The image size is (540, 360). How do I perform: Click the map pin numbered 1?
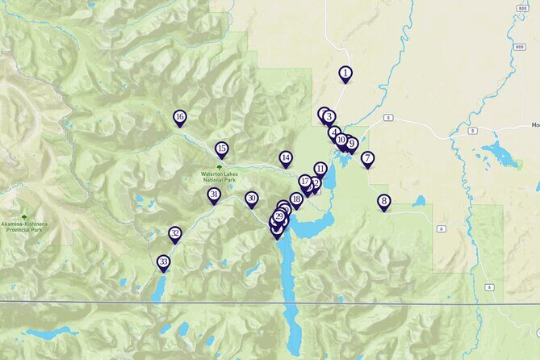pyautogui.click(x=345, y=73)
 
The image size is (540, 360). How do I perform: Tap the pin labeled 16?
pyautogui.click(x=180, y=118)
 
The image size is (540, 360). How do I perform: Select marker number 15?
pyautogui.click(x=221, y=149)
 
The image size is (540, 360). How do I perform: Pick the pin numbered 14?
pyautogui.click(x=286, y=158)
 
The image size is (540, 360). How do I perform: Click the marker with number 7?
pyautogui.click(x=367, y=158)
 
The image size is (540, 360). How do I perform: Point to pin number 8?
pyautogui.click(x=383, y=202)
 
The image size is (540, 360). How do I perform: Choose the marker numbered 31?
pyautogui.click(x=214, y=195)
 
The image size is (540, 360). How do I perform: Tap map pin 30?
pyautogui.click(x=252, y=199)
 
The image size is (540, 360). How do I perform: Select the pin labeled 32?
pyautogui.click(x=175, y=234)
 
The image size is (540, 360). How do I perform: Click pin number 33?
pyautogui.click(x=164, y=262)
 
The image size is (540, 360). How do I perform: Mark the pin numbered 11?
pyautogui.click(x=320, y=170)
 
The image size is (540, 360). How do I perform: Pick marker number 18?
pyautogui.click(x=296, y=199)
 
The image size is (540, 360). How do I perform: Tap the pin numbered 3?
pyautogui.click(x=329, y=117)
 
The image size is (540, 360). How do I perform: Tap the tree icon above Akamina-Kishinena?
pyautogui.click(x=24, y=218)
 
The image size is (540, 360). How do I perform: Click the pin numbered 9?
pyautogui.click(x=351, y=144)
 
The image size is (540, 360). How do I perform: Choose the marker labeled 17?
pyautogui.click(x=304, y=182)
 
